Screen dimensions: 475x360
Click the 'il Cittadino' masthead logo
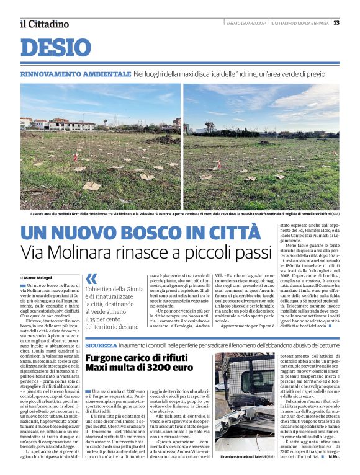tap(44, 24)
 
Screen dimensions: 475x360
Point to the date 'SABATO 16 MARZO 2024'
tap(246, 23)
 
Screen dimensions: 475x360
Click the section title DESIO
tap(56, 47)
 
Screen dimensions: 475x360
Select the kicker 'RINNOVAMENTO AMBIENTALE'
tap(75, 74)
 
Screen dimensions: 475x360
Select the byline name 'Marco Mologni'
tap(38, 277)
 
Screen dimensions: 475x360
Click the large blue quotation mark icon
tap(91, 278)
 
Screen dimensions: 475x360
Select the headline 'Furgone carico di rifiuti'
tap(136, 358)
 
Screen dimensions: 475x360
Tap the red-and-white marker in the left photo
tap(76, 157)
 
